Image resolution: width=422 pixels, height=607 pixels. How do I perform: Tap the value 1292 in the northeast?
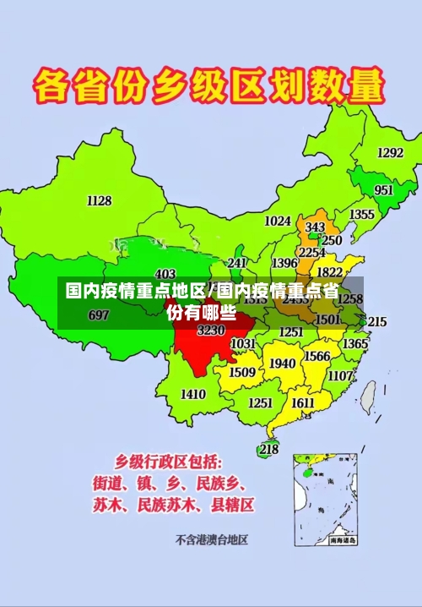coord(390,153)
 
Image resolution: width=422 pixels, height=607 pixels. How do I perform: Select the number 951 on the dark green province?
coord(384,190)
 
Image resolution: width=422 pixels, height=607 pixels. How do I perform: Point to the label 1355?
coord(362,215)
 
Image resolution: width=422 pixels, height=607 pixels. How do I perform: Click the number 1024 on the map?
coord(278,221)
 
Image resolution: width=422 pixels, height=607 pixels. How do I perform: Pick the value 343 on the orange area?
coord(315,227)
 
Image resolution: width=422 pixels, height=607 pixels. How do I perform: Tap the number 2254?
coord(312,252)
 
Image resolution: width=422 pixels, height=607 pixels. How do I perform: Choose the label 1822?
coord(329,272)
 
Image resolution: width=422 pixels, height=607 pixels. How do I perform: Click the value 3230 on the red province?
coord(211,331)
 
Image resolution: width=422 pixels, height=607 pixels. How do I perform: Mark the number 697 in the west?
coord(98,315)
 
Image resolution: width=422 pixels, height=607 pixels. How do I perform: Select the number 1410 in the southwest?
coord(193,394)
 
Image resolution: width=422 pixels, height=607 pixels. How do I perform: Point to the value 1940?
coord(283,364)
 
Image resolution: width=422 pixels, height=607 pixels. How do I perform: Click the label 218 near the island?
coord(268,449)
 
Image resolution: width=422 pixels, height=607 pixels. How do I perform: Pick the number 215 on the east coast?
coord(376,321)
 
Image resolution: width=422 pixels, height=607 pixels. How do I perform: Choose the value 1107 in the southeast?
coord(341,375)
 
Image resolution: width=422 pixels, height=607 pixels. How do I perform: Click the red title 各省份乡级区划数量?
coord(208,87)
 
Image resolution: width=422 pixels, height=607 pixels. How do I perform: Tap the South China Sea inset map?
coord(326,498)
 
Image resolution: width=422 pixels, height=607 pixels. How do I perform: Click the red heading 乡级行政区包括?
coord(169,462)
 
